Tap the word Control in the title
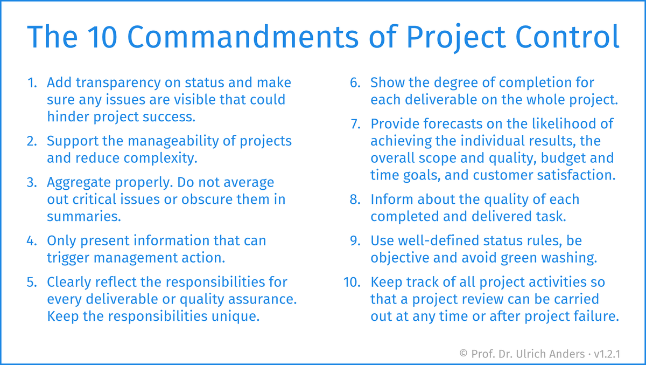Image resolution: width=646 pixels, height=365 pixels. click(x=567, y=37)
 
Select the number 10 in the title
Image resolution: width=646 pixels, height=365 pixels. click(x=102, y=37)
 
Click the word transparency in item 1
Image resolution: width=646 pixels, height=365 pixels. click(x=118, y=84)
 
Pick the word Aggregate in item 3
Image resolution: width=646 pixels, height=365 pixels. click(x=79, y=183)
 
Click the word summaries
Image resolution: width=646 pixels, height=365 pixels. click(x=83, y=216)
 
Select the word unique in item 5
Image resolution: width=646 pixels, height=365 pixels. click(x=235, y=316)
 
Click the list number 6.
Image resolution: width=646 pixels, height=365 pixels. click(x=355, y=83)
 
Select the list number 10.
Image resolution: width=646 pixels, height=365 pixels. click(x=352, y=282)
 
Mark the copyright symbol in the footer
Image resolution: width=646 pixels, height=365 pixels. click(x=463, y=354)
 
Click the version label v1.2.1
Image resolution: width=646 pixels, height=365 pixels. click(x=607, y=354)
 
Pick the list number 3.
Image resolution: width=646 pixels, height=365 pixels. click(x=32, y=183)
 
